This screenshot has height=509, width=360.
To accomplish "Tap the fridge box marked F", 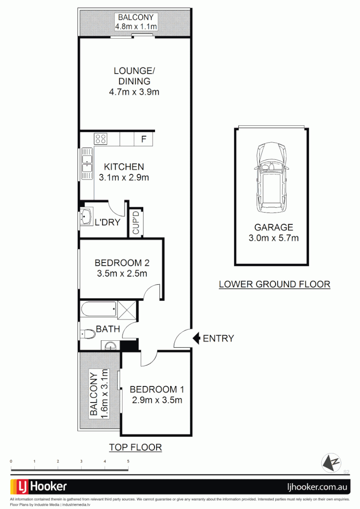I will click(x=143, y=139).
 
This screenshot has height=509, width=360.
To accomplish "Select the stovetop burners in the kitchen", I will click(x=101, y=139).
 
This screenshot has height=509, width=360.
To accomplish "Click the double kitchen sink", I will click(x=87, y=164).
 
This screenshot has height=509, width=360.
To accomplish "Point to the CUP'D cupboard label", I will click(x=136, y=222).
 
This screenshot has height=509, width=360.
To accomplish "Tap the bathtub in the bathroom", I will click(x=98, y=310).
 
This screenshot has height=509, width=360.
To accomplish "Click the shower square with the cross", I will click(x=126, y=310).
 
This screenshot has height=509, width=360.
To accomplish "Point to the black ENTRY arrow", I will click(x=196, y=338).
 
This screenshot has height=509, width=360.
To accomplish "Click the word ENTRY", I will click(x=218, y=338).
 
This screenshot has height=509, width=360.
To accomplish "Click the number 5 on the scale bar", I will click(x=128, y=461).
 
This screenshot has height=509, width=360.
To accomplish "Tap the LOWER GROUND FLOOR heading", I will click(x=274, y=284).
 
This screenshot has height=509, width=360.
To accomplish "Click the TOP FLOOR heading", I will click(x=135, y=448).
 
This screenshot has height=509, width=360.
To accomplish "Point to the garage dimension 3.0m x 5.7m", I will click(x=273, y=238).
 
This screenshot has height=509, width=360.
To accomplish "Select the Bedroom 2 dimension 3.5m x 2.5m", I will click(x=122, y=273).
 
